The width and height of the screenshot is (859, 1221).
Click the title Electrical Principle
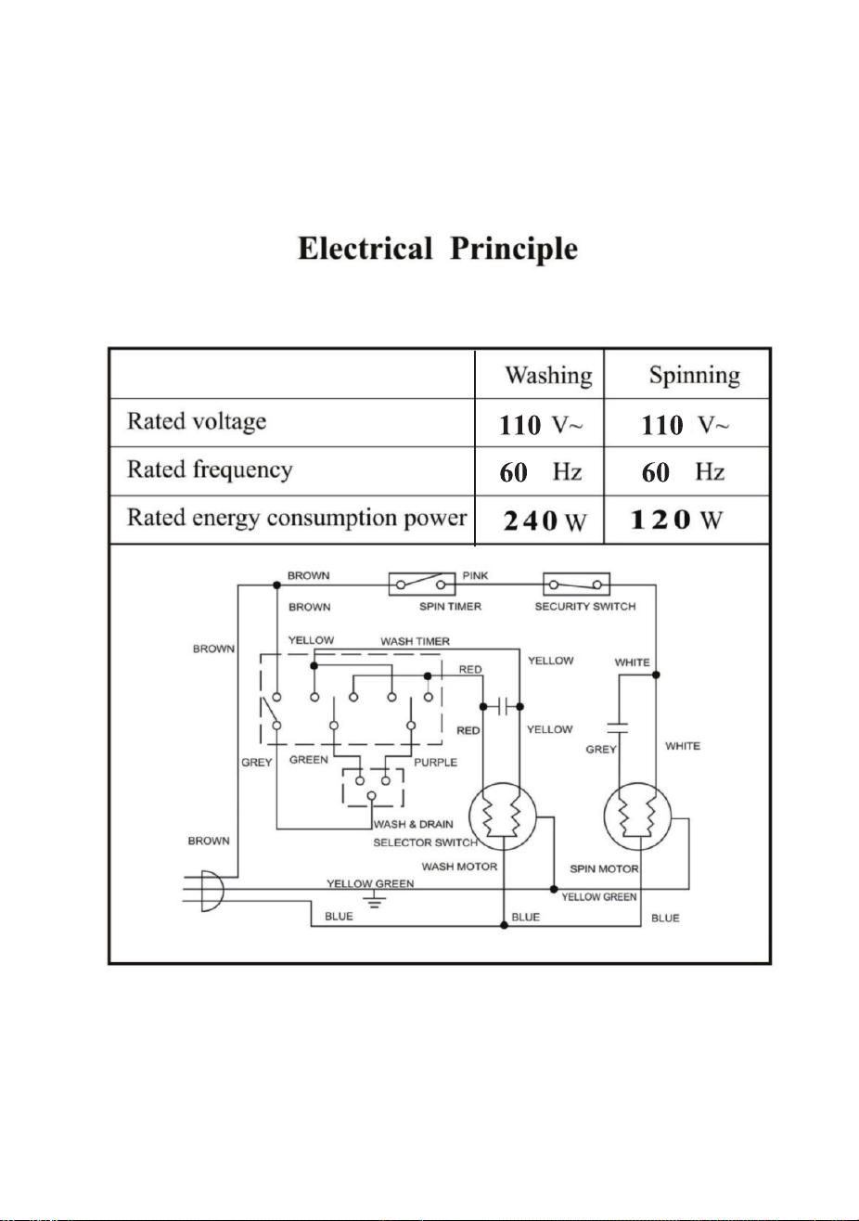click(x=438, y=249)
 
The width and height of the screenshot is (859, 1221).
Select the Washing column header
click(x=548, y=375)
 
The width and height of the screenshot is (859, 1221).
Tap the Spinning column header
click(x=695, y=375)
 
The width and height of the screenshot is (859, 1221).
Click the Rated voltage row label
click(x=197, y=422)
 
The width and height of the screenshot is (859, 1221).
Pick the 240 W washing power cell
click(x=545, y=521)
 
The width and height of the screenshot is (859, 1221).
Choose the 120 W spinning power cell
click(x=676, y=520)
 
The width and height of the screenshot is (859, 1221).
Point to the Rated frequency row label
click(x=210, y=469)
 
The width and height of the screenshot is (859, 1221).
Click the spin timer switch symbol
click(x=422, y=584)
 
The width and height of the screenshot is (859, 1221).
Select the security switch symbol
click(x=576, y=584)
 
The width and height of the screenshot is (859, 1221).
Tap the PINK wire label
click(x=475, y=575)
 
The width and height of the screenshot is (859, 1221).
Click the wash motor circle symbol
click(x=503, y=816)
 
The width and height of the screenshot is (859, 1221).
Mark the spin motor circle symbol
click(x=637, y=816)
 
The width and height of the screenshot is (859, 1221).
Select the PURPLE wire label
click(x=435, y=763)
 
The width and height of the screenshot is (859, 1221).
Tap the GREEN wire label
click(x=309, y=760)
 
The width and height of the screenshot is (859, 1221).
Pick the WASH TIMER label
click(x=415, y=641)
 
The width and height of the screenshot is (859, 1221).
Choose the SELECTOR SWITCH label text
click(x=425, y=842)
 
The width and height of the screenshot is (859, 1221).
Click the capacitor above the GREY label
click(x=618, y=728)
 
